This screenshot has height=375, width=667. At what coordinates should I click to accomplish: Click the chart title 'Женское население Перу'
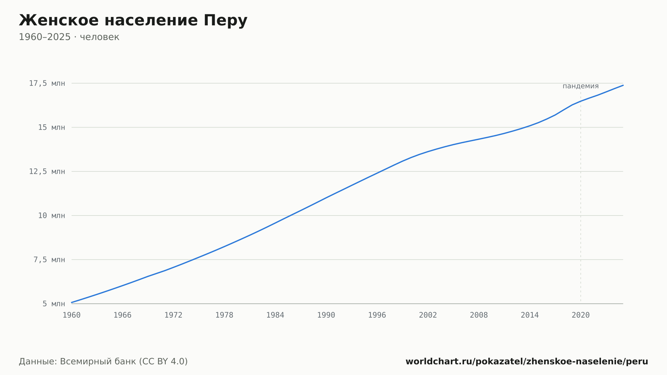click(x=133, y=20)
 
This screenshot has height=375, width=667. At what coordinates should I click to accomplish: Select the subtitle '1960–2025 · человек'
click(x=69, y=37)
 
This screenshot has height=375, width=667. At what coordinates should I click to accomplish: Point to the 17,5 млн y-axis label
click(x=47, y=83)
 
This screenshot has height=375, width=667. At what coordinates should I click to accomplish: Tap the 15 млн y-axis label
click(x=51, y=127)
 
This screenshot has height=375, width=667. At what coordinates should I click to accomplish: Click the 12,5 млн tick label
click(x=47, y=171)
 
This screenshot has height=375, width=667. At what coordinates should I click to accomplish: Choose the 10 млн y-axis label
click(x=51, y=216)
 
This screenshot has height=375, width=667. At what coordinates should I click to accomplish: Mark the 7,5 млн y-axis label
click(x=49, y=260)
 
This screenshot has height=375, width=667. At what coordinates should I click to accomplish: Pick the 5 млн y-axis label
click(x=54, y=304)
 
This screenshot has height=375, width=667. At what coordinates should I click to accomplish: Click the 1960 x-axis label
click(x=72, y=315)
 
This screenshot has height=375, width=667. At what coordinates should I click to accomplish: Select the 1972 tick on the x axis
click(x=173, y=315)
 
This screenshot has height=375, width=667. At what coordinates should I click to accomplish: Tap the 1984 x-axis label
click(x=275, y=315)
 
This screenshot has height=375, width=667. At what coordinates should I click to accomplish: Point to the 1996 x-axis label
click(x=377, y=315)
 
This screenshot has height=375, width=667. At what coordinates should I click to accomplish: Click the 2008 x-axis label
click(x=479, y=315)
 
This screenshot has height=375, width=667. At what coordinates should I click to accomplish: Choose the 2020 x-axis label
click(x=581, y=315)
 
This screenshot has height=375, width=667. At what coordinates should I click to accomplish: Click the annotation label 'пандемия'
click(x=581, y=86)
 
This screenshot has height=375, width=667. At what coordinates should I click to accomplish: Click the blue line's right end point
click(x=623, y=85)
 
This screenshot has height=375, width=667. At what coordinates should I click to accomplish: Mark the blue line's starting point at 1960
click(x=72, y=302)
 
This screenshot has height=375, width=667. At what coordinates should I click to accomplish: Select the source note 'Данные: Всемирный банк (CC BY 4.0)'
click(x=103, y=361)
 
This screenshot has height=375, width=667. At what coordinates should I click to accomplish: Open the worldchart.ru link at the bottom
click(x=527, y=361)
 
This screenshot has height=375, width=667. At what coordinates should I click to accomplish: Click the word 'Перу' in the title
click(x=225, y=20)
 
